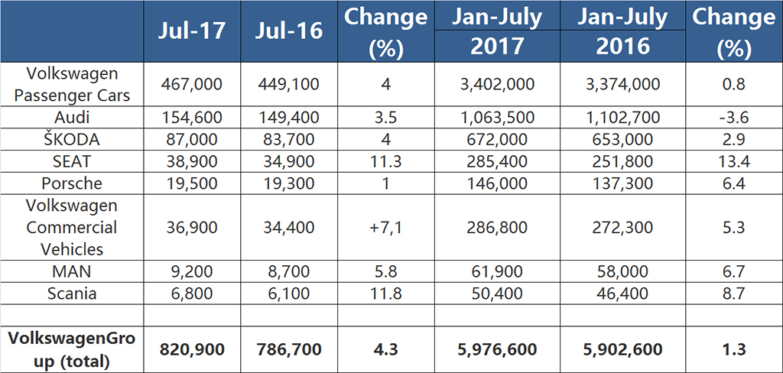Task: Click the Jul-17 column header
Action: (192, 31)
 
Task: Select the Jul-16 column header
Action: (288, 31)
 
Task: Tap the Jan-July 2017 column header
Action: (497, 31)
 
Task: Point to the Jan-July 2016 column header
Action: (622, 31)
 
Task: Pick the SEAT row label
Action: (72, 161)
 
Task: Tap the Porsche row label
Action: (72, 183)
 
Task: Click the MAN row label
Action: (72, 271)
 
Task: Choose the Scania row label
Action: (72, 293)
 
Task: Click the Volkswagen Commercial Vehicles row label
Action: (72, 227)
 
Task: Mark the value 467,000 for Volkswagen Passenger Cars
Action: (192, 84)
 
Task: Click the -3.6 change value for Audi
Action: (733, 118)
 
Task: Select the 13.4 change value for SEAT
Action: (733, 161)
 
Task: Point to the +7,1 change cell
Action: (385, 228)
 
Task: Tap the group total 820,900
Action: (192, 349)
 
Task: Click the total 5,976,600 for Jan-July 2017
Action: (497, 349)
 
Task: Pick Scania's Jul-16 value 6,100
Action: (288, 293)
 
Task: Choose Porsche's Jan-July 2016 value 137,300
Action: (622, 183)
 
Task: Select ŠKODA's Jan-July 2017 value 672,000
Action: (497, 139)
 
